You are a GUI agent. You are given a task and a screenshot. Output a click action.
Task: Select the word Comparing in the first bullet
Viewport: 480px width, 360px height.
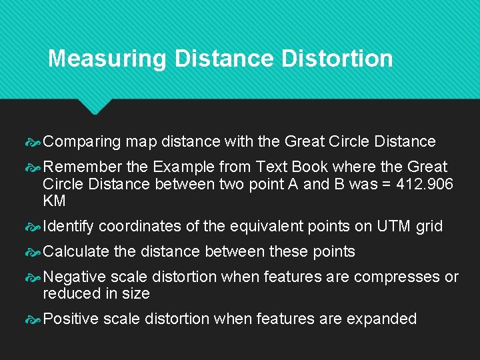coord(82,142)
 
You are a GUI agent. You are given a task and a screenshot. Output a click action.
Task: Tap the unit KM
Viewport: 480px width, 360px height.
coord(54,201)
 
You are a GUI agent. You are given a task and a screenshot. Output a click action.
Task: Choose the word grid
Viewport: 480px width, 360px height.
coord(429,227)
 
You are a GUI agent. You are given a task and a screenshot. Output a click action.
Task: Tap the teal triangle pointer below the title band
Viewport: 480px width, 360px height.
coord(96,105)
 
